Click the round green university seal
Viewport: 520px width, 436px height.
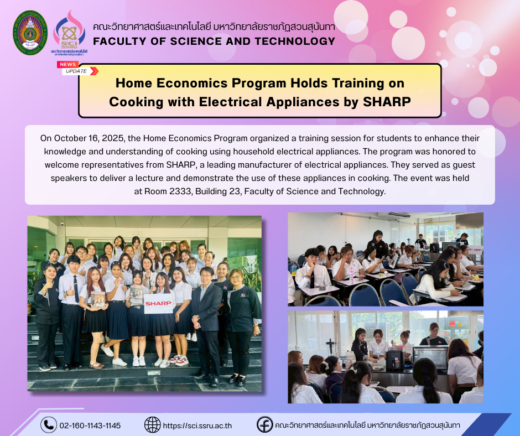coord(30,33)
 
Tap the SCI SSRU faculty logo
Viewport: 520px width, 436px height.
coord(69,33)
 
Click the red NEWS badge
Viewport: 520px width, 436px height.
coord(67,64)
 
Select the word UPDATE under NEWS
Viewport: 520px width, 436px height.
coord(76,71)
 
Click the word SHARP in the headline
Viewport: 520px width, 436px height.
coord(387,102)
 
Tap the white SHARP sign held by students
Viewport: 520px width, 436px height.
coord(158,303)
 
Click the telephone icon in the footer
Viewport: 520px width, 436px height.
coord(49,425)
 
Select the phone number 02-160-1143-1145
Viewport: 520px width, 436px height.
coord(90,425)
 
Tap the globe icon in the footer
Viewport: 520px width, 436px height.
coord(152,425)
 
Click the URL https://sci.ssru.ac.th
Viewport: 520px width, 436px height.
coord(197,425)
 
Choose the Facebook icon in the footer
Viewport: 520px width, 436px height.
coord(264,424)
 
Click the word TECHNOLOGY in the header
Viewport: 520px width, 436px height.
coord(295,41)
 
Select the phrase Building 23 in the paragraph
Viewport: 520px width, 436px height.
coord(217,191)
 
